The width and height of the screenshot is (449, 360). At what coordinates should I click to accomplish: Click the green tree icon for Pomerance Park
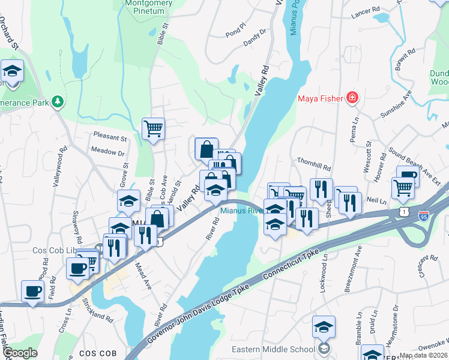coord(58,101)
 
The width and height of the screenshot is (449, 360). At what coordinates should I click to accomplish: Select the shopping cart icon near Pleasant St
coord(153,128)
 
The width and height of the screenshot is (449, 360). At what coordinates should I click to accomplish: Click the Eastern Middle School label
coord(273,349)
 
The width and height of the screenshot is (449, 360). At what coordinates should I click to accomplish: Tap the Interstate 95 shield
coord(424,214)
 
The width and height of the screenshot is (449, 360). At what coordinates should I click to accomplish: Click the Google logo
coord(20,353)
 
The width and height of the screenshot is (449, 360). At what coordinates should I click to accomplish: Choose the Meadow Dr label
coord(108,153)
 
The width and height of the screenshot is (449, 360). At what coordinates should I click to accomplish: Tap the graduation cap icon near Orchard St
coord(12,71)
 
